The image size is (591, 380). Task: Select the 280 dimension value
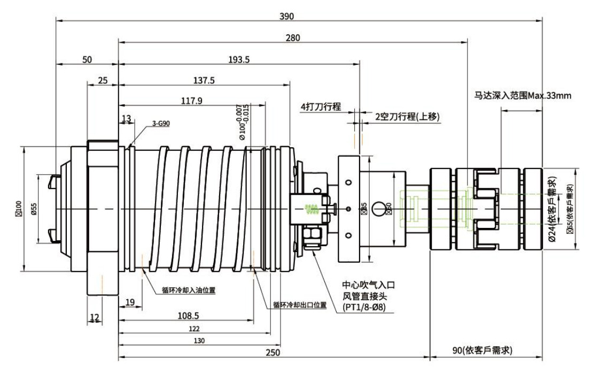(x=293, y=37)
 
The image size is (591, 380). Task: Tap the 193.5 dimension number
(x=239, y=59)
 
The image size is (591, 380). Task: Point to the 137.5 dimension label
(x=204, y=80)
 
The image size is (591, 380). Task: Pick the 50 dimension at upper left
(x=87, y=59)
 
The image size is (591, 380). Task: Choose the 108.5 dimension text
(x=185, y=316)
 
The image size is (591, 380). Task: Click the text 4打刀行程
(x=321, y=107)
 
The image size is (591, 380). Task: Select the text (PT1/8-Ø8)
(x=363, y=307)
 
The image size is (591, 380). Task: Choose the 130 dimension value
(x=198, y=340)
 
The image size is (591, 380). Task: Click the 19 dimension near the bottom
(x=129, y=303)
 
